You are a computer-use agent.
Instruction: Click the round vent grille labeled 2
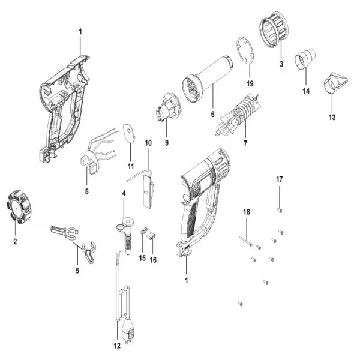(17, 206)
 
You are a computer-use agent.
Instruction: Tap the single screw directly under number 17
(280, 208)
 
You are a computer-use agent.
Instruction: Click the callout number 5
(77, 271)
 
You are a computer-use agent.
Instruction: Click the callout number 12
(117, 345)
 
